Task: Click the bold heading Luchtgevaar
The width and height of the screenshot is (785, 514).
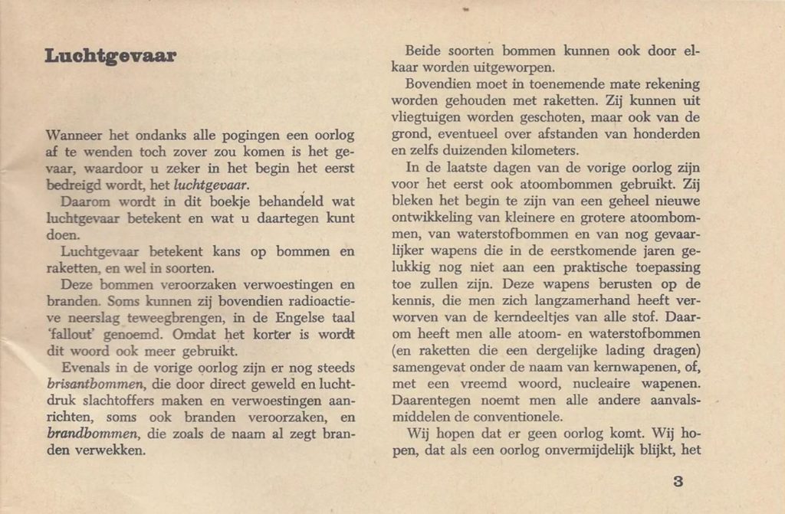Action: click(x=110, y=57)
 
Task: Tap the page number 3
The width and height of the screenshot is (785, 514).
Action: click(x=677, y=482)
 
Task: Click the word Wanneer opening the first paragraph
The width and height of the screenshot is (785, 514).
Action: click(x=74, y=136)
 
